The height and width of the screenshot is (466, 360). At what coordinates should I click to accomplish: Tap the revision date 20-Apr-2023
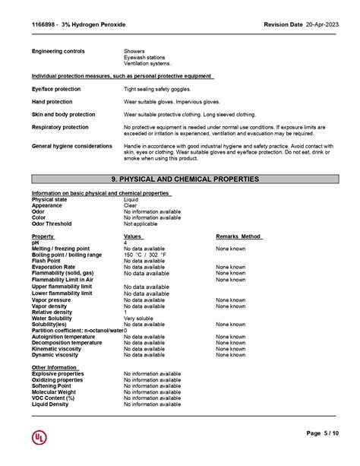pyautogui.click(x=320, y=24)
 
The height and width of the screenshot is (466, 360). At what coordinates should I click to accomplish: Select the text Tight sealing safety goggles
pyautogui.click(x=157, y=89)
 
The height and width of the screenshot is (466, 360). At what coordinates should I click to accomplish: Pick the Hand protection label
pyautogui.click(x=52, y=102)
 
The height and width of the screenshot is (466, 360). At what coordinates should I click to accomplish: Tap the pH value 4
pyautogui.click(x=126, y=243)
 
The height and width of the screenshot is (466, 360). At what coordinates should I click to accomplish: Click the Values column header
pyautogui.click(x=133, y=236)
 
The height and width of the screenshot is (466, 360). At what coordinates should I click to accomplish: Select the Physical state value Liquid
pyautogui.click(x=131, y=199)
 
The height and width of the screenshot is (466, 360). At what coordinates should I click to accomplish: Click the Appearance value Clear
pyautogui.click(x=130, y=205)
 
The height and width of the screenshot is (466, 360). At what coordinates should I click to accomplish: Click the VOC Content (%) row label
pyautogui.click(x=53, y=398)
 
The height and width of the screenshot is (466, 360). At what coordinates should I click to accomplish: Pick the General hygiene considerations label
pyautogui.click(x=71, y=146)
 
